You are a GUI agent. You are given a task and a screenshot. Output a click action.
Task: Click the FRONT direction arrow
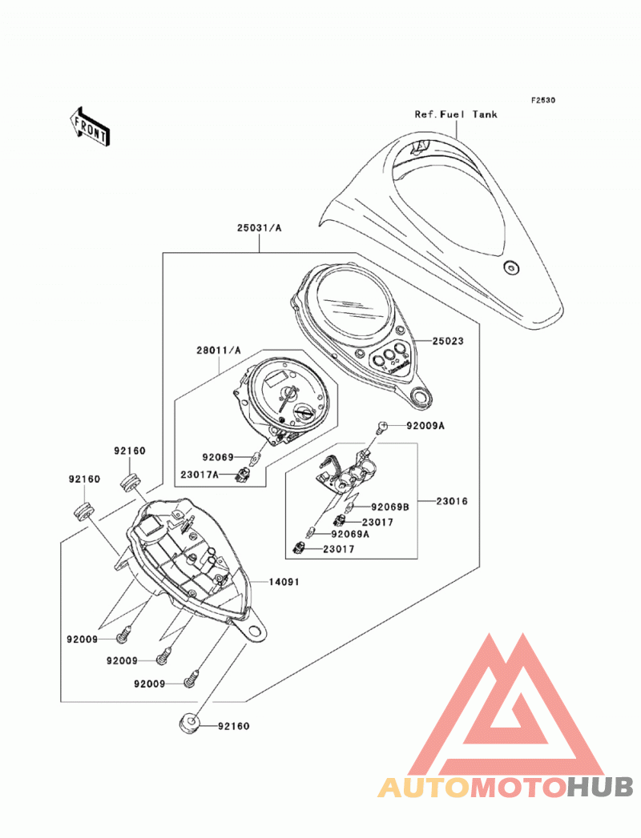coord(90,126)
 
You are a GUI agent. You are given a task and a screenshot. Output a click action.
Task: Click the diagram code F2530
coord(543,100)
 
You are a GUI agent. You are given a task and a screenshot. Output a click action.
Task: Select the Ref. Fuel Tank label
coord(456,114)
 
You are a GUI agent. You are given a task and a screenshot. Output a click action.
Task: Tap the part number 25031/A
coord(259,228)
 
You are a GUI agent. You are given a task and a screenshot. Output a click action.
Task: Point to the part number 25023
coord(448,341)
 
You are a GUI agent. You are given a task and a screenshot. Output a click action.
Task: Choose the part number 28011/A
coord(218,351)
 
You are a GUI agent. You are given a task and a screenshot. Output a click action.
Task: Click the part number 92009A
coord(425,426)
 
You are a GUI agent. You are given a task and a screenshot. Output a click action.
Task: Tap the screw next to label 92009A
coord(381,426)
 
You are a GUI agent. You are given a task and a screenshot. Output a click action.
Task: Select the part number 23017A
coord(199,474)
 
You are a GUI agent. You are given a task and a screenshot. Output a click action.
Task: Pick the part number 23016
coord(452,501)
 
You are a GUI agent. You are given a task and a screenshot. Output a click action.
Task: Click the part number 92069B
coord(390,507)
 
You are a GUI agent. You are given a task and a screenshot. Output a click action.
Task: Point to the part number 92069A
coord(350,534)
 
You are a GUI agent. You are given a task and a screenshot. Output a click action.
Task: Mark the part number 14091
coord(284,581)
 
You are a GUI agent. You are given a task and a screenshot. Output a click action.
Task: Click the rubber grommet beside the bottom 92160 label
coord(189,724)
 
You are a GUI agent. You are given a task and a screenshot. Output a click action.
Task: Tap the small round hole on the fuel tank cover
coord(510,267)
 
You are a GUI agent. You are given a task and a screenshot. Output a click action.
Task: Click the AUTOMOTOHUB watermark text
coord(506,788)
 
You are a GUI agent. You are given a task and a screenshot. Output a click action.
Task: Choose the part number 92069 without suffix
coord(218,458)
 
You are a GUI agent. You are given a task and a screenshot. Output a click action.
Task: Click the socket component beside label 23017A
coord(244,474)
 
